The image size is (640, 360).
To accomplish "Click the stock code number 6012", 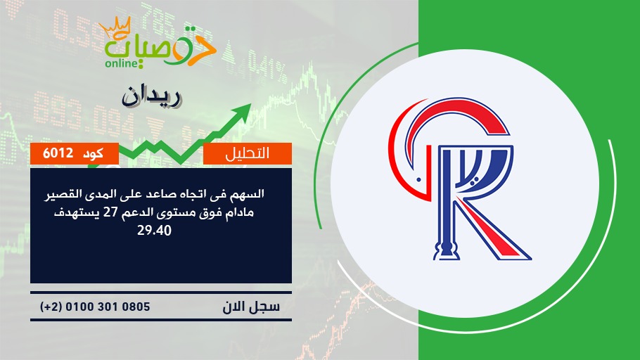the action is click(58, 153).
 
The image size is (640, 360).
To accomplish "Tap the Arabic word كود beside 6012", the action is click(93, 153).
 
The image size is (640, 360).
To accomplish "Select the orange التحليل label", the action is click(248, 153).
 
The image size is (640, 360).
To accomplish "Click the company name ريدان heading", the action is click(151, 97).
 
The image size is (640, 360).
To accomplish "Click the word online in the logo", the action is click(120, 63).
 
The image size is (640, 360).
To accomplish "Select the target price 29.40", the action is click(154, 231).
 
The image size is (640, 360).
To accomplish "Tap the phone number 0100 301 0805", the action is click(108, 307).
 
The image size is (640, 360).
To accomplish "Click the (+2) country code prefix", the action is click(51, 307).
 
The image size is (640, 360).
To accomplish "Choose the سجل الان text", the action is click(251, 307).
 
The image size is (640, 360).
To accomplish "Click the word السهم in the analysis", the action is click(250, 193).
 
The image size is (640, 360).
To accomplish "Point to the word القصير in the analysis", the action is click(62, 194).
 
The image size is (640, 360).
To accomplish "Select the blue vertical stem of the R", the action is click(446, 204).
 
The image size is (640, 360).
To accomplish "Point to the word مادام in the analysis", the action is click(241, 212).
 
